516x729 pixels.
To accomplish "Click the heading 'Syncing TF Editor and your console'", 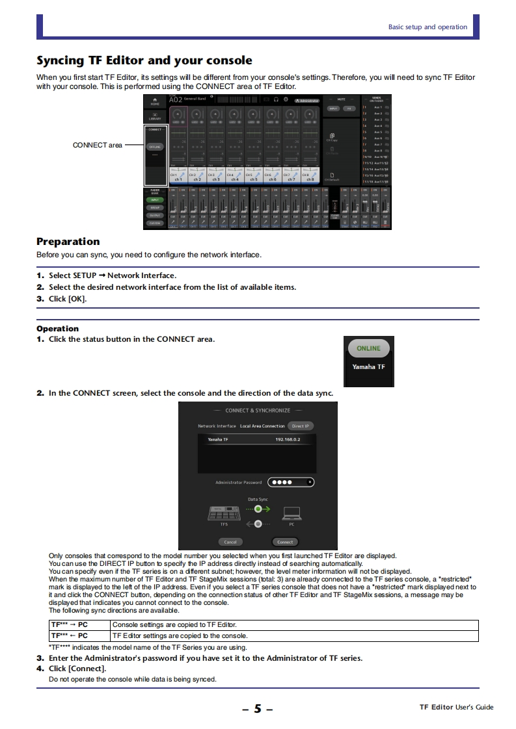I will tap(144, 60).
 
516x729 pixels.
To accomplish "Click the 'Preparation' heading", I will tap(68, 242).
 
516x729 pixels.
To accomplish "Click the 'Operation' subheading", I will tap(57, 329).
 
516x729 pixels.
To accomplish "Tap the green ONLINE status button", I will tap(368, 348).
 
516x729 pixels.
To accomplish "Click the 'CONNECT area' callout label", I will tap(98, 145).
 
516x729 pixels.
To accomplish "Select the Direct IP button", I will tap(301, 426).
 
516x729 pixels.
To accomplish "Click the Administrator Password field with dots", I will tap(290, 482).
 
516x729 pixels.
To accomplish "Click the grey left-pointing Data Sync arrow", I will tap(258, 523).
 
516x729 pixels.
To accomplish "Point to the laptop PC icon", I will tap(291, 514).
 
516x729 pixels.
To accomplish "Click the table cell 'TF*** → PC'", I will tap(69, 624).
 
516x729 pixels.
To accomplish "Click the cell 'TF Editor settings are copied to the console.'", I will tap(180, 635).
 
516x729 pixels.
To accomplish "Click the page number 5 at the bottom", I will tap(258, 708).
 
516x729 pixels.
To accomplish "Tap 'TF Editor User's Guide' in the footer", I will tap(456, 707).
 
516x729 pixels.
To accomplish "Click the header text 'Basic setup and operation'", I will tap(428, 27).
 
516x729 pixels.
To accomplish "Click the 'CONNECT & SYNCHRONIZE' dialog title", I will tap(258, 411).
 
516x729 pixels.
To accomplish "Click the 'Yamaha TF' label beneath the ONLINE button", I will tap(368, 367).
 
